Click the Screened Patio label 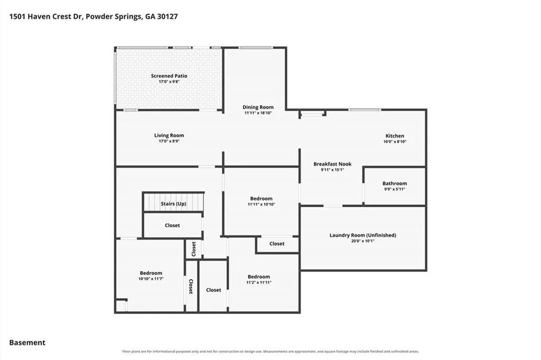coord(169,76)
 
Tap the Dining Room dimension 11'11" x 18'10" coord(258,113)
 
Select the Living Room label coord(169,135)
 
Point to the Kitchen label coord(395,136)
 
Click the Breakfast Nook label coord(332,164)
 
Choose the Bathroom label coord(394,183)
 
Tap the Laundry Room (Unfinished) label coord(362,235)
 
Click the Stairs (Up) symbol coord(173,202)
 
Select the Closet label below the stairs coord(172,225)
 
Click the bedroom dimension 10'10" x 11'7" coord(151,279)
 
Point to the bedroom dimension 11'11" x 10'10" coord(261,204)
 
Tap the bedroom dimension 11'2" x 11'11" coord(259,282)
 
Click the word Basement coord(27,343)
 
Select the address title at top coord(94,16)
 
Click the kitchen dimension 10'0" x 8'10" coord(395,142)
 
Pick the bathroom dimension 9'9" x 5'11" coord(394,189)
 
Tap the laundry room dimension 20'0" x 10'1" coord(362,241)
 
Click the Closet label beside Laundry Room coord(277,244)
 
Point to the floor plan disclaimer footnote coord(270,352)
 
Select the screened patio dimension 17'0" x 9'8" coord(169,82)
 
